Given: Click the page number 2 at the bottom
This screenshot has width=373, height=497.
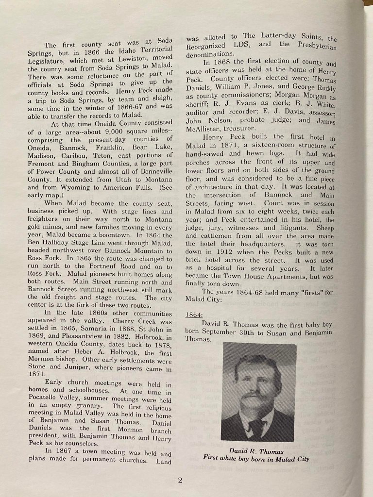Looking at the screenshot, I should (x=180, y=480).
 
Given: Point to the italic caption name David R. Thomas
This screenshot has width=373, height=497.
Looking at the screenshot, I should (x=257, y=451).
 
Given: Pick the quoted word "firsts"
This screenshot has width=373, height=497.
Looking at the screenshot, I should (x=304, y=292).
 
